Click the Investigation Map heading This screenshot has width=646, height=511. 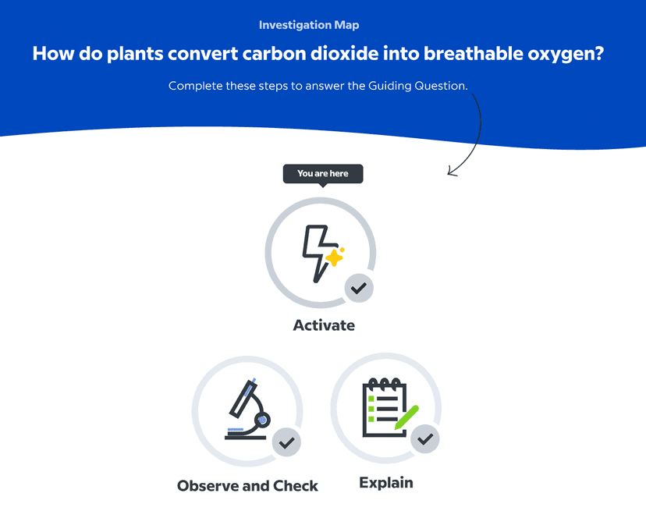309,25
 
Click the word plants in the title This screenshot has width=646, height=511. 135,54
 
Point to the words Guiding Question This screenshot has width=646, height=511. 417,86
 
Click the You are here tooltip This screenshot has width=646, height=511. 323,174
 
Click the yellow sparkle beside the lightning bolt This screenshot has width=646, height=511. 335,257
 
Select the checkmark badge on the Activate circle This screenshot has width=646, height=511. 359,288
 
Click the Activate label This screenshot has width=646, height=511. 324,325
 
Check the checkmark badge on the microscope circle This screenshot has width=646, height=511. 286,442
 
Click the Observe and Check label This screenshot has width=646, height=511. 247,486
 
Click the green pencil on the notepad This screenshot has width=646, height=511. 406,417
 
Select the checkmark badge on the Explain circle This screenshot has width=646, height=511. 424,439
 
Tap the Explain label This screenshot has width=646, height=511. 386,483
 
